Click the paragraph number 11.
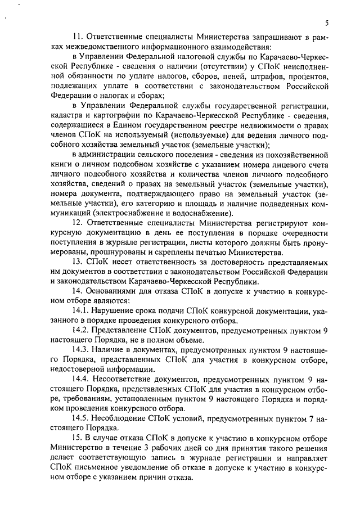tap(79, 37)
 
